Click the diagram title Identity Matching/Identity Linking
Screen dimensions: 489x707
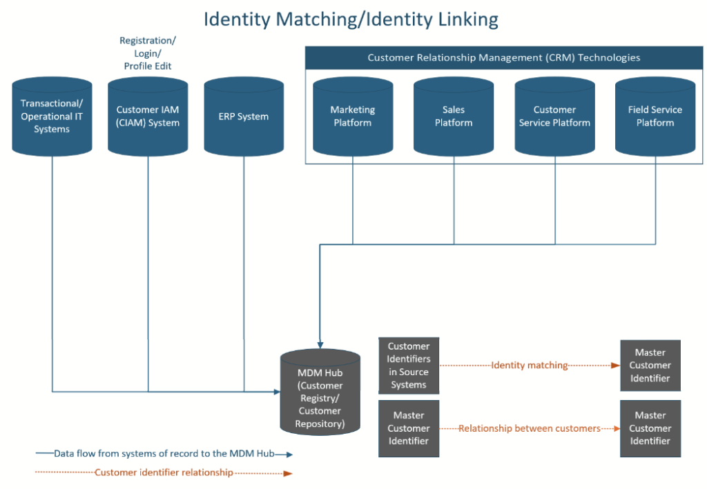(351, 19)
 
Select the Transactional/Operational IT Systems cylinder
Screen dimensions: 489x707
(52, 116)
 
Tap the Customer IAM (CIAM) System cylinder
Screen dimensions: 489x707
(148, 116)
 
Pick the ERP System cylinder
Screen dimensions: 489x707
(244, 116)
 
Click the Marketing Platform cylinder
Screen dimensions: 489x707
(353, 116)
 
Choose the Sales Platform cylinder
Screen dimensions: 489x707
(454, 116)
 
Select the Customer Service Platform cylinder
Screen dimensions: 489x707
(554, 116)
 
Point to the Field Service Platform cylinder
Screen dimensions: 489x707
(655, 116)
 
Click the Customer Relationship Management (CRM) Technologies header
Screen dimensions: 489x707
(503, 57)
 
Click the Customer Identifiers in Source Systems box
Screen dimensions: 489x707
(409, 366)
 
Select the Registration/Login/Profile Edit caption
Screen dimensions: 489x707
(148, 54)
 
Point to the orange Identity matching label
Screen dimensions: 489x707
(529, 366)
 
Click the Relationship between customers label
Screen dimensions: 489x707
(529, 428)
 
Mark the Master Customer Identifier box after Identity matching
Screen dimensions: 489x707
(650, 366)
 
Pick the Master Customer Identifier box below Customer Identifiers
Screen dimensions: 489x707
(409, 428)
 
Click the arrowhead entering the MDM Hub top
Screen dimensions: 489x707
(320, 343)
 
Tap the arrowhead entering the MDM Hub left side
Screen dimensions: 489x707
(276, 392)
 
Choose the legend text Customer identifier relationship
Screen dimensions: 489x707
(164, 472)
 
